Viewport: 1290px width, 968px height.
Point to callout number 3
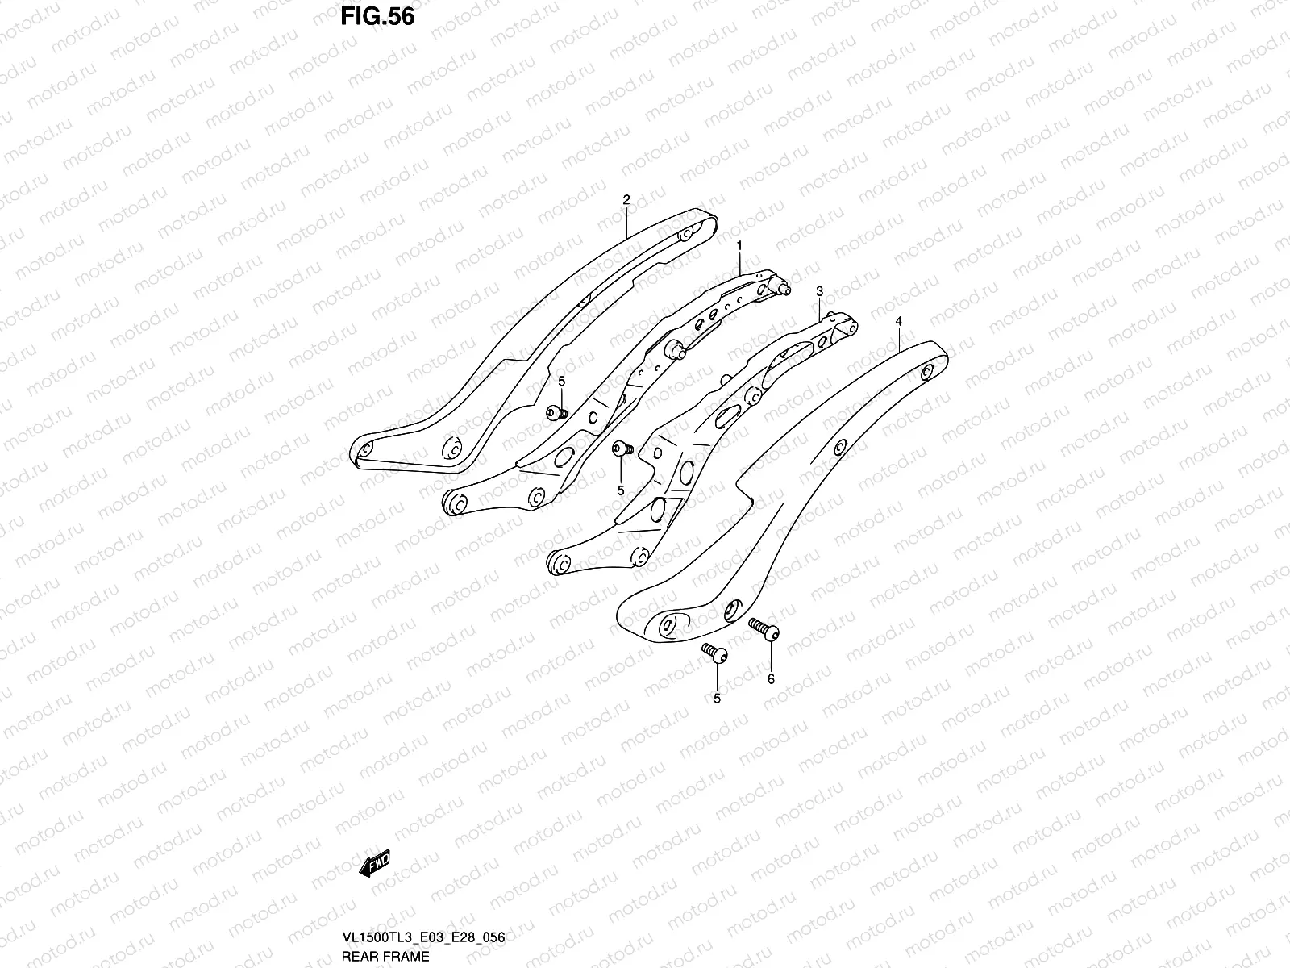pos(818,290)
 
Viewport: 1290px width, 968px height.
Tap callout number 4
pos(898,321)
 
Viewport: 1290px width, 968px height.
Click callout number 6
pos(770,679)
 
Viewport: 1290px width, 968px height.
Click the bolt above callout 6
pos(764,627)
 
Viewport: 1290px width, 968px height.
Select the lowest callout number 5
pos(717,699)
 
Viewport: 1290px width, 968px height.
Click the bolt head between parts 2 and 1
pos(555,413)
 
